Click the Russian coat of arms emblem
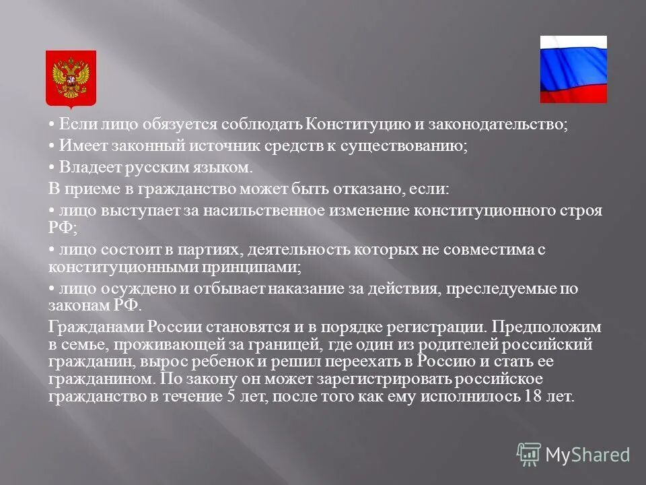[71, 78]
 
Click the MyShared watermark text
[587, 455]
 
